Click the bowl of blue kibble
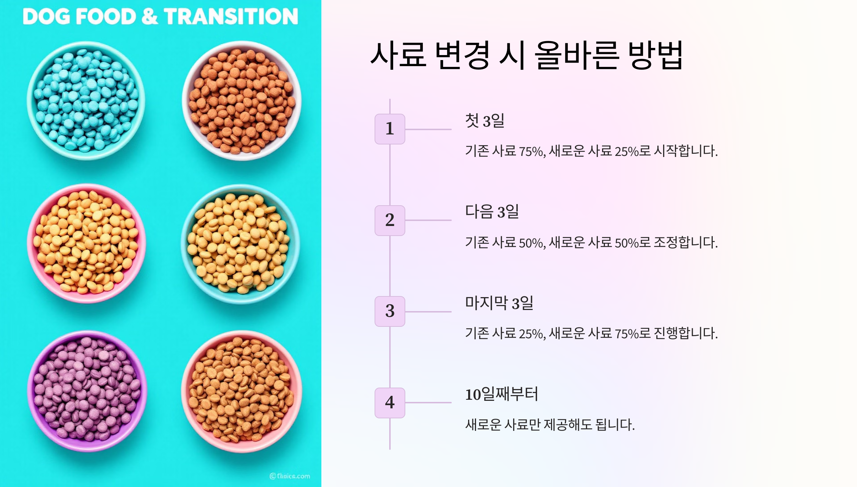[86, 101]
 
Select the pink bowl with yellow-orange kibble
[86, 243]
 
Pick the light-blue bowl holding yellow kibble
[240, 244]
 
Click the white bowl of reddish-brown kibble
[242, 101]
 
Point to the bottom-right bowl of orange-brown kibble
[242, 391]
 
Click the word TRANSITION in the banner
[231, 16]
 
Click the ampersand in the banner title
[150, 16]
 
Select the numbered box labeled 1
[390, 129]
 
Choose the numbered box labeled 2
[390, 220]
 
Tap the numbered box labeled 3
[390, 311]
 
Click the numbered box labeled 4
[390, 403]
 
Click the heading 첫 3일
[485, 120]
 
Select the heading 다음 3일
[492, 212]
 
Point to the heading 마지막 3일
[499, 303]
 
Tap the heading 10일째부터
[501, 394]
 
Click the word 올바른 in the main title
[576, 55]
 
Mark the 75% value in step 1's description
[531, 151]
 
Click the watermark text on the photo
[290, 476]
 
